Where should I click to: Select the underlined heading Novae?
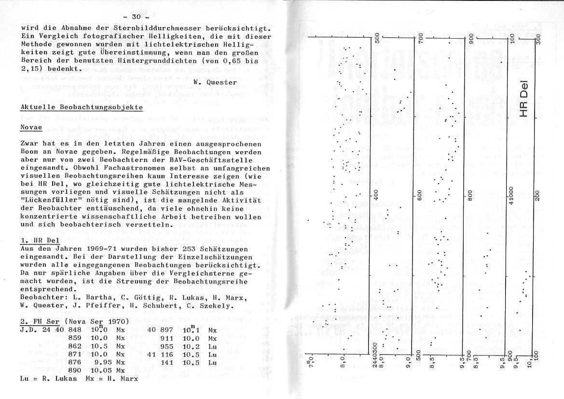point(31,128)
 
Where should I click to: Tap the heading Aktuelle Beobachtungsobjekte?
point(82,106)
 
